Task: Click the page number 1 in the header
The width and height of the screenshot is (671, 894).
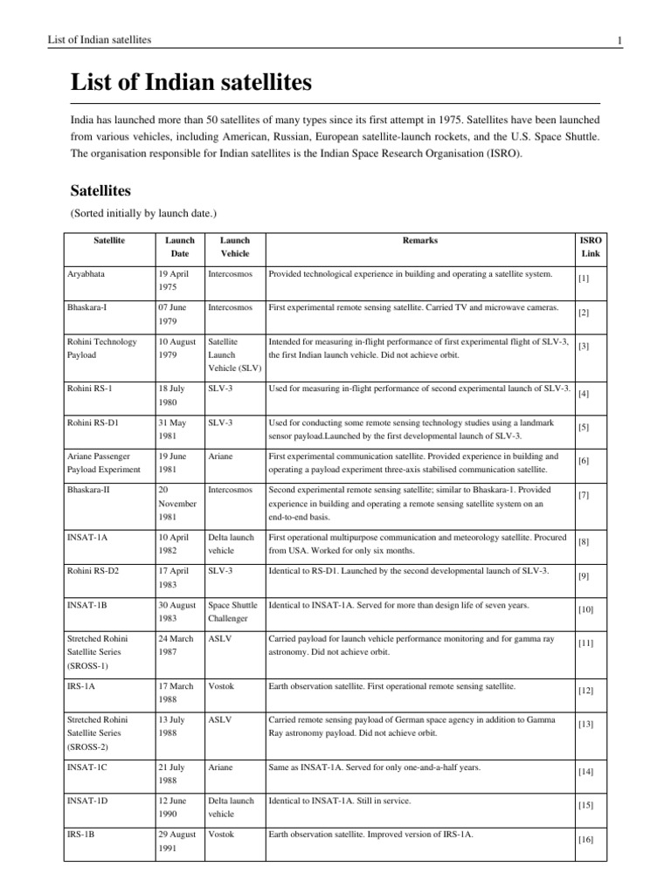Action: [619, 40]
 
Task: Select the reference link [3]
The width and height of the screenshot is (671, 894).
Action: [585, 347]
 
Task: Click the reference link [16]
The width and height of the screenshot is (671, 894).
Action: [586, 840]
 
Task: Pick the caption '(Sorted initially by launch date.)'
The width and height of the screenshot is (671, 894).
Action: [142, 213]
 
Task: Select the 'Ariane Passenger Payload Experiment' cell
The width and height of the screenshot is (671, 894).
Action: [104, 463]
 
